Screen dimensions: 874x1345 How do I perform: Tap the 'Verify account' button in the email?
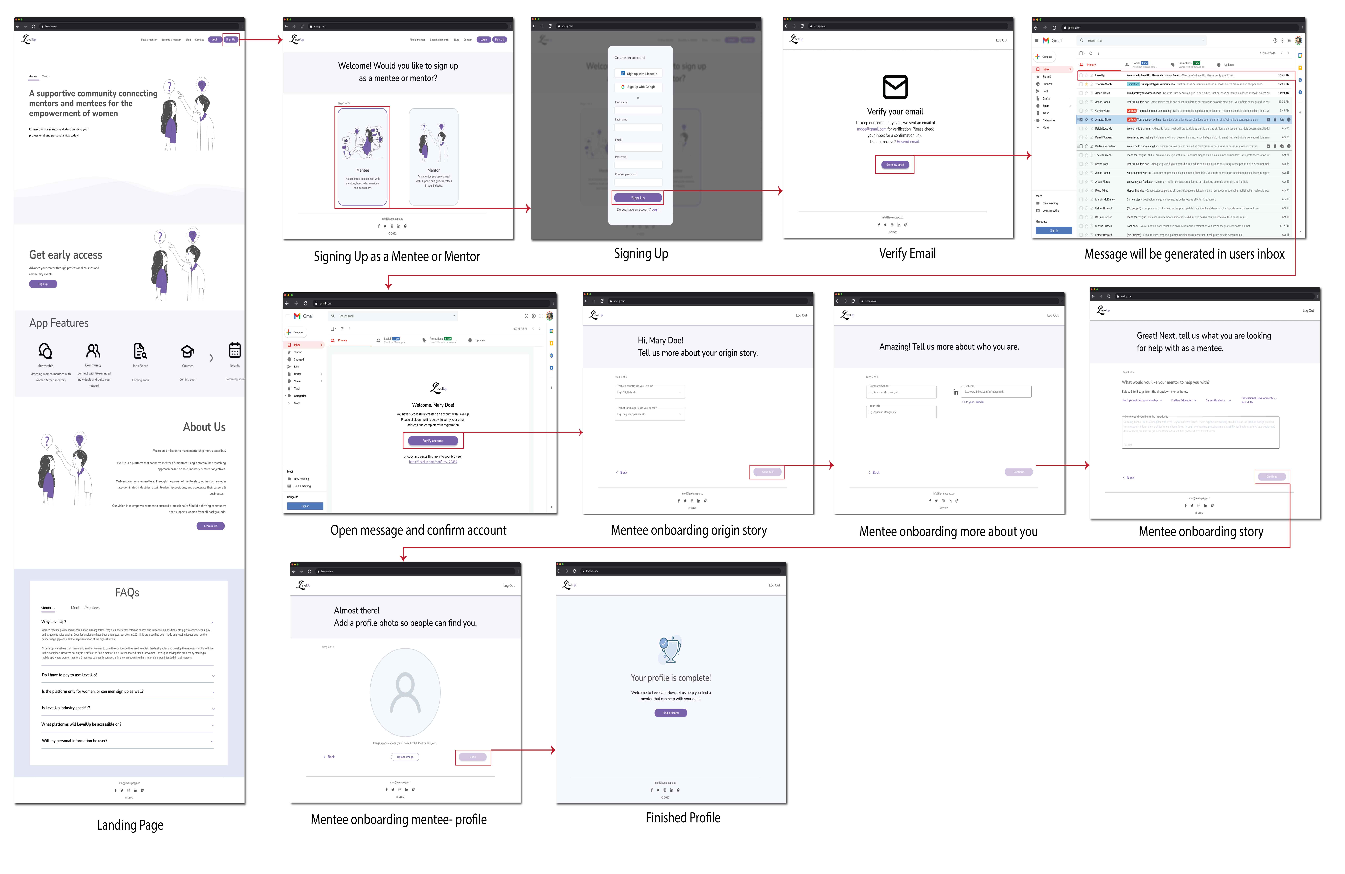click(x=433, y=440)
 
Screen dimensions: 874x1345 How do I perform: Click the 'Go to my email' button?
click(x=895, y=165)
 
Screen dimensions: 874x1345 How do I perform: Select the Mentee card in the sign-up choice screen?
click(x=362, y=157)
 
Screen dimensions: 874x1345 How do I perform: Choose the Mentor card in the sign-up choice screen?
click(x=433, y=157)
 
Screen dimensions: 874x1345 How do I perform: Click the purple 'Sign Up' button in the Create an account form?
click(x=638, y=198)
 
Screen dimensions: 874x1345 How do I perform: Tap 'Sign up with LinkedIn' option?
click(x=639, y=73)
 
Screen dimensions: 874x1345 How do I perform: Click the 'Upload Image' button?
click(x=405, y=756)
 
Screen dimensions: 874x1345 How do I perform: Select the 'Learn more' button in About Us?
click(x=210, y=526)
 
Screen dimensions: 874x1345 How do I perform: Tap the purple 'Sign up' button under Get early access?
click(x=43, y=284)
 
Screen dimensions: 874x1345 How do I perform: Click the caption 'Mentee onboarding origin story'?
click(x=688, y=530)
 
